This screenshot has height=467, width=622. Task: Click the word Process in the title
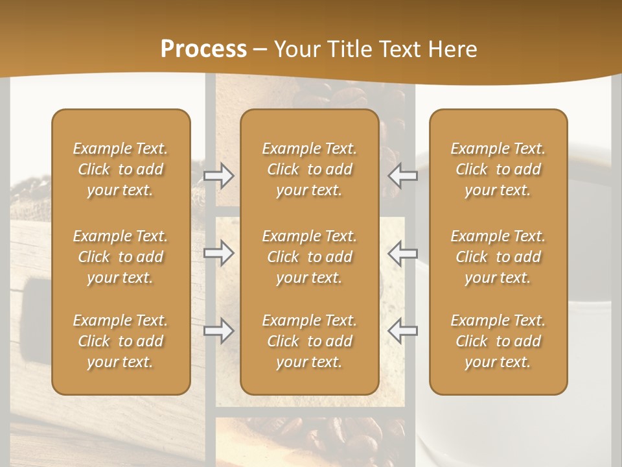click(x=203, y=49)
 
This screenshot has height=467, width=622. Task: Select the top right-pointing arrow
click(x=219, y=175)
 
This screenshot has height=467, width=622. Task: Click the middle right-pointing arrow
click(x=219, y=253)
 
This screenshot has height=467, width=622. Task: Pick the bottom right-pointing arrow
click(x=219, y=331)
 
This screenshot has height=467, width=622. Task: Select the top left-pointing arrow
click(x=403, y=175)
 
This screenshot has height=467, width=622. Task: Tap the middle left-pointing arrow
click(x=403, y=253)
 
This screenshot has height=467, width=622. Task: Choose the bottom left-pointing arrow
click(x=403, y=331)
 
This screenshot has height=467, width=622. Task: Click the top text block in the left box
click(x=121, y=169)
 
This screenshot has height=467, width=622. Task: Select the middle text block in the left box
click(x=121, y=257)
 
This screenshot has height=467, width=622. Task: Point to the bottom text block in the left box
click(x=121, y=341)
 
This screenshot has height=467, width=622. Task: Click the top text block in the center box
click(x=309, y=169)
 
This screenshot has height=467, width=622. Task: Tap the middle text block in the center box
click(x=309, y=257)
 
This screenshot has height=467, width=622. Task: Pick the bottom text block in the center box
click(x=309, y=341)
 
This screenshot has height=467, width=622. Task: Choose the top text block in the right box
click(x=498, y=169)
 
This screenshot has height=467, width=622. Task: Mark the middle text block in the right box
click(x=498, y=257)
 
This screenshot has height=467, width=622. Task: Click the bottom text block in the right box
click(x=498, y=341)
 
